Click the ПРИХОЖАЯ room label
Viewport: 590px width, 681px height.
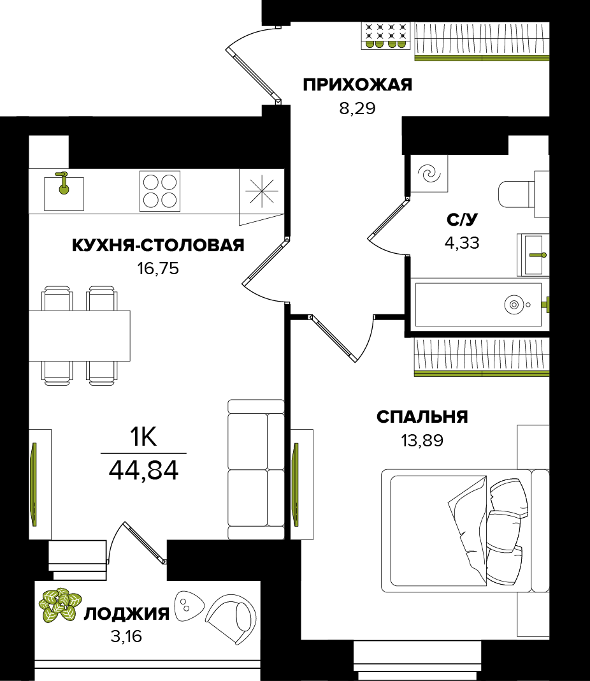tap(357, 85)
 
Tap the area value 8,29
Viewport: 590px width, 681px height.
tap(357, 108)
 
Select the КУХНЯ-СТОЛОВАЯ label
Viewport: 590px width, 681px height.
tap(158, 245)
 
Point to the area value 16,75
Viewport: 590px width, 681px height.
tap(158, 268)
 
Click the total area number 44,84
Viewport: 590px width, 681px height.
tap(143, 471)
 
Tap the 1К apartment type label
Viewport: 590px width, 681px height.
tap(143, 437)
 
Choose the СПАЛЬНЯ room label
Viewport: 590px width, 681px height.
tap(422, 417)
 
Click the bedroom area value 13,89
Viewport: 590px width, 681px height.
tap(422, 440)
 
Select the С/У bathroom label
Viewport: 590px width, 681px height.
tap(462, 220)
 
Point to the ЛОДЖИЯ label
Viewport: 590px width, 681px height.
tap(127, 614)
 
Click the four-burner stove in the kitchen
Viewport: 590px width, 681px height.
tap(160, 191)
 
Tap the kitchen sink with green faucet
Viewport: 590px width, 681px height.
tap(63, 191)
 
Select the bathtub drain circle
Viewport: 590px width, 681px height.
tap(514, 305)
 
